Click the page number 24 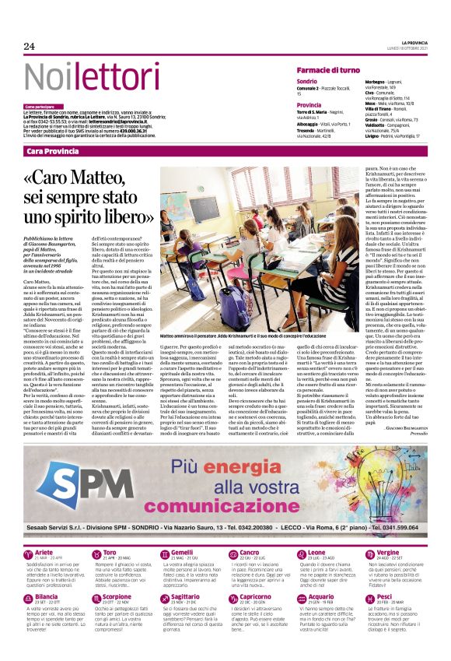[30, 47]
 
